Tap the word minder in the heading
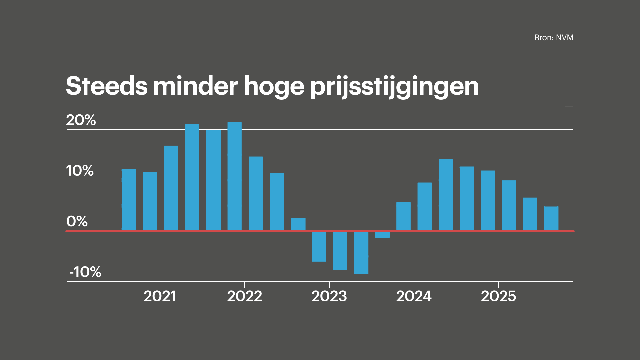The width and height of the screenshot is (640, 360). tap(195, 86)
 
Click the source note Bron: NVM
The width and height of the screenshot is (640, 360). tap(554, 38)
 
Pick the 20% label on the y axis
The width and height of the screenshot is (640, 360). tap(81, 120)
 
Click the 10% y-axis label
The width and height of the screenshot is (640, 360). tap(80, 171)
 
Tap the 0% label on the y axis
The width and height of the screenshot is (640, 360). tap(77, 221)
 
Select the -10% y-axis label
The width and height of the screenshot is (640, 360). tap(85, 272)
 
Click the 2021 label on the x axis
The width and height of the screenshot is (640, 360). tap(160, 296)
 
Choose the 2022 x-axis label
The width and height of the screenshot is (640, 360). tap(244, 296)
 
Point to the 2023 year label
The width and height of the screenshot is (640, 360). tap(329, 296)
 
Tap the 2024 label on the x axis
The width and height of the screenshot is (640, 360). tap(414, 296)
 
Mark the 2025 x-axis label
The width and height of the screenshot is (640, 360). tap(498, 296)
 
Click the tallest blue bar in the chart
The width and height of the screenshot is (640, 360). tap(235, 176)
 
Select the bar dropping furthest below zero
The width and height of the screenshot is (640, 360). tap(361, 253)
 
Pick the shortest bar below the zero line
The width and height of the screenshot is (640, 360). tap(382, 235)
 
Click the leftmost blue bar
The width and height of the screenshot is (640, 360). tap(129, 200)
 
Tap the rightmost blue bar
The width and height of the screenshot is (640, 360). tap(551, 218)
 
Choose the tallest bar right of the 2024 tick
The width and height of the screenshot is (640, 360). tap(446, 195)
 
